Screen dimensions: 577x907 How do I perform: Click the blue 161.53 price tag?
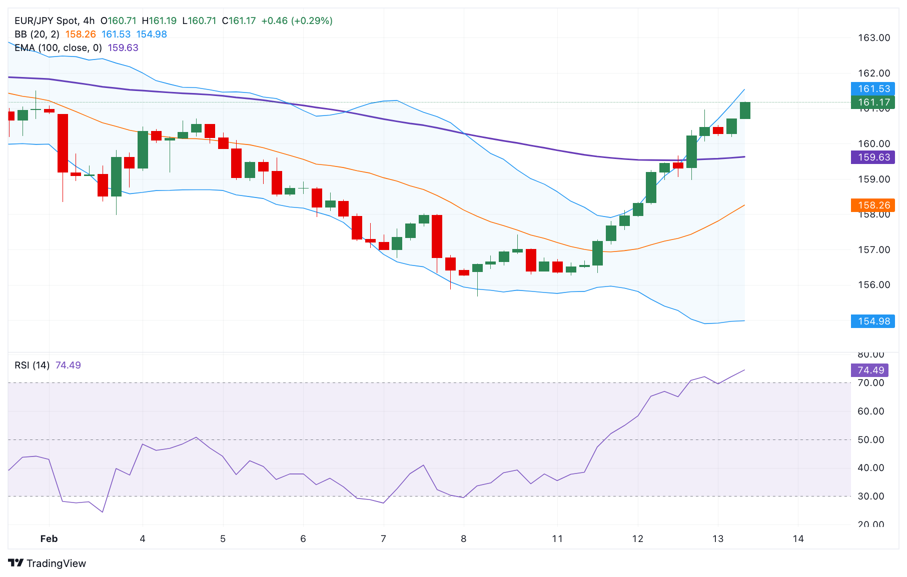[x=873, y=89]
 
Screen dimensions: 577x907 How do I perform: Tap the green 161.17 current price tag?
[x=873, y=102]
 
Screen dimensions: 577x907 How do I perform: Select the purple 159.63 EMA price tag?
[x=873, y=157]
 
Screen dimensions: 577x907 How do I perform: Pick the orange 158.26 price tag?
[x=873, y=205]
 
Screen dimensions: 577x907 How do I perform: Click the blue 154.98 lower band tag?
[x=873, y=321]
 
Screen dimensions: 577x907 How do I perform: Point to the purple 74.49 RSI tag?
[x=870, y=370]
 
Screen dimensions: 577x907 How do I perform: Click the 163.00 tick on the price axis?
[x=873, y=38]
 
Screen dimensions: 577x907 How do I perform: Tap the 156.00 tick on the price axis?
[x=873, y=285]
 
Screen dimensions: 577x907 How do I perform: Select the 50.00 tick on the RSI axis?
[x=870, y=440]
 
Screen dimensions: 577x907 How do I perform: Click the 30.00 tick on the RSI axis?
[x=870, y=496]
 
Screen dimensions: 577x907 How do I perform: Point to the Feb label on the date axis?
[x=49, y=539]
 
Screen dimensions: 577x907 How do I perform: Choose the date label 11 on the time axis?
[x=557, y=539]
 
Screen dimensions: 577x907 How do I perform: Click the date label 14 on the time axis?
[x=798, y=539]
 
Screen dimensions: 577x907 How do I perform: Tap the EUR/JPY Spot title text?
[x=46, y=21]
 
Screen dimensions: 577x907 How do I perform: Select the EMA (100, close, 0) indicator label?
[x=58, y=48]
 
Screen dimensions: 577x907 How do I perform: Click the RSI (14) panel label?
[x=32, y=365]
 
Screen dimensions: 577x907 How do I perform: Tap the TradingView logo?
[x=48, y=563]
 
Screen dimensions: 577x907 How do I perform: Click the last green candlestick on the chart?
[x=745, y=110]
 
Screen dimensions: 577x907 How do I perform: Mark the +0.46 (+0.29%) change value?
[x=297, y=21]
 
